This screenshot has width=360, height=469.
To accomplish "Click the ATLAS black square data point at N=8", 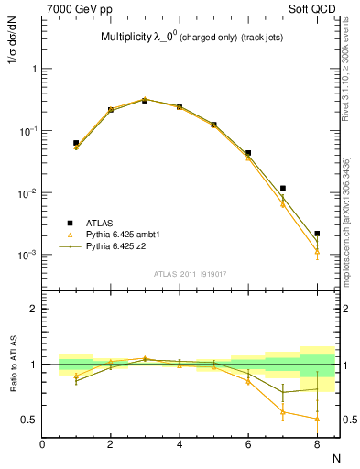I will click(x=317, y=234).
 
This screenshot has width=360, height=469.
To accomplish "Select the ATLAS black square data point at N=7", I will click(x=283, y=189).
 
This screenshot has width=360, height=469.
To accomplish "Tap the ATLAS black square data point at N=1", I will click(x=76, y=143).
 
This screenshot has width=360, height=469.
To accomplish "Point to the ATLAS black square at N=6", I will click(x=248, y=153).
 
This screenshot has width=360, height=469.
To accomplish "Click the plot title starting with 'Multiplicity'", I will click(x=190, y=38).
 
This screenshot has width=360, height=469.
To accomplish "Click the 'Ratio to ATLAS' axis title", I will click(x=13, y=365).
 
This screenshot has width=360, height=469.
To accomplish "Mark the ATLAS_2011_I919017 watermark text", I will click(x=191, y=272).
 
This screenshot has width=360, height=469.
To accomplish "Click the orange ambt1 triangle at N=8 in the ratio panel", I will click(x=317, y=419).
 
